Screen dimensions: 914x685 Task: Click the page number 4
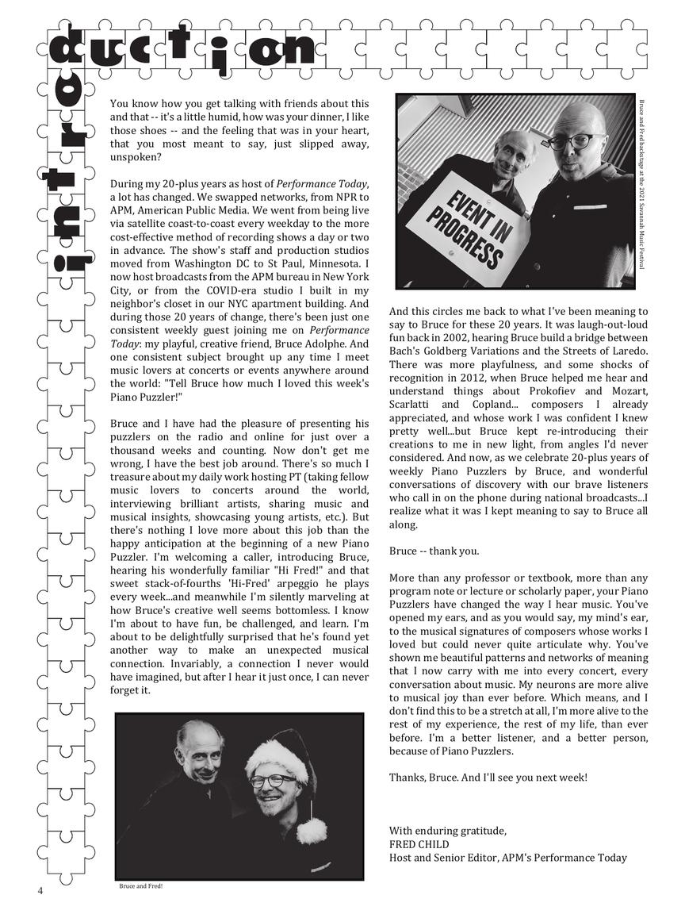(40, 890)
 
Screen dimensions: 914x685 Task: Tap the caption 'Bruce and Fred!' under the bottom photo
(140, 885)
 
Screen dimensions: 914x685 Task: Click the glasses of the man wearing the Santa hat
(271, 781)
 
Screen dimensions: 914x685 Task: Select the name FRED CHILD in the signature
(419, 844)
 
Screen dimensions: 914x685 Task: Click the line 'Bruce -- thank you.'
(434, 551)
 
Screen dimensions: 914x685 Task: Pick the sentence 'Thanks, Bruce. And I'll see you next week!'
(488, 777)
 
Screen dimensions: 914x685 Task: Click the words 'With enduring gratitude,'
(447, 831)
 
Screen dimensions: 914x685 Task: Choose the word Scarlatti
(411, 404)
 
